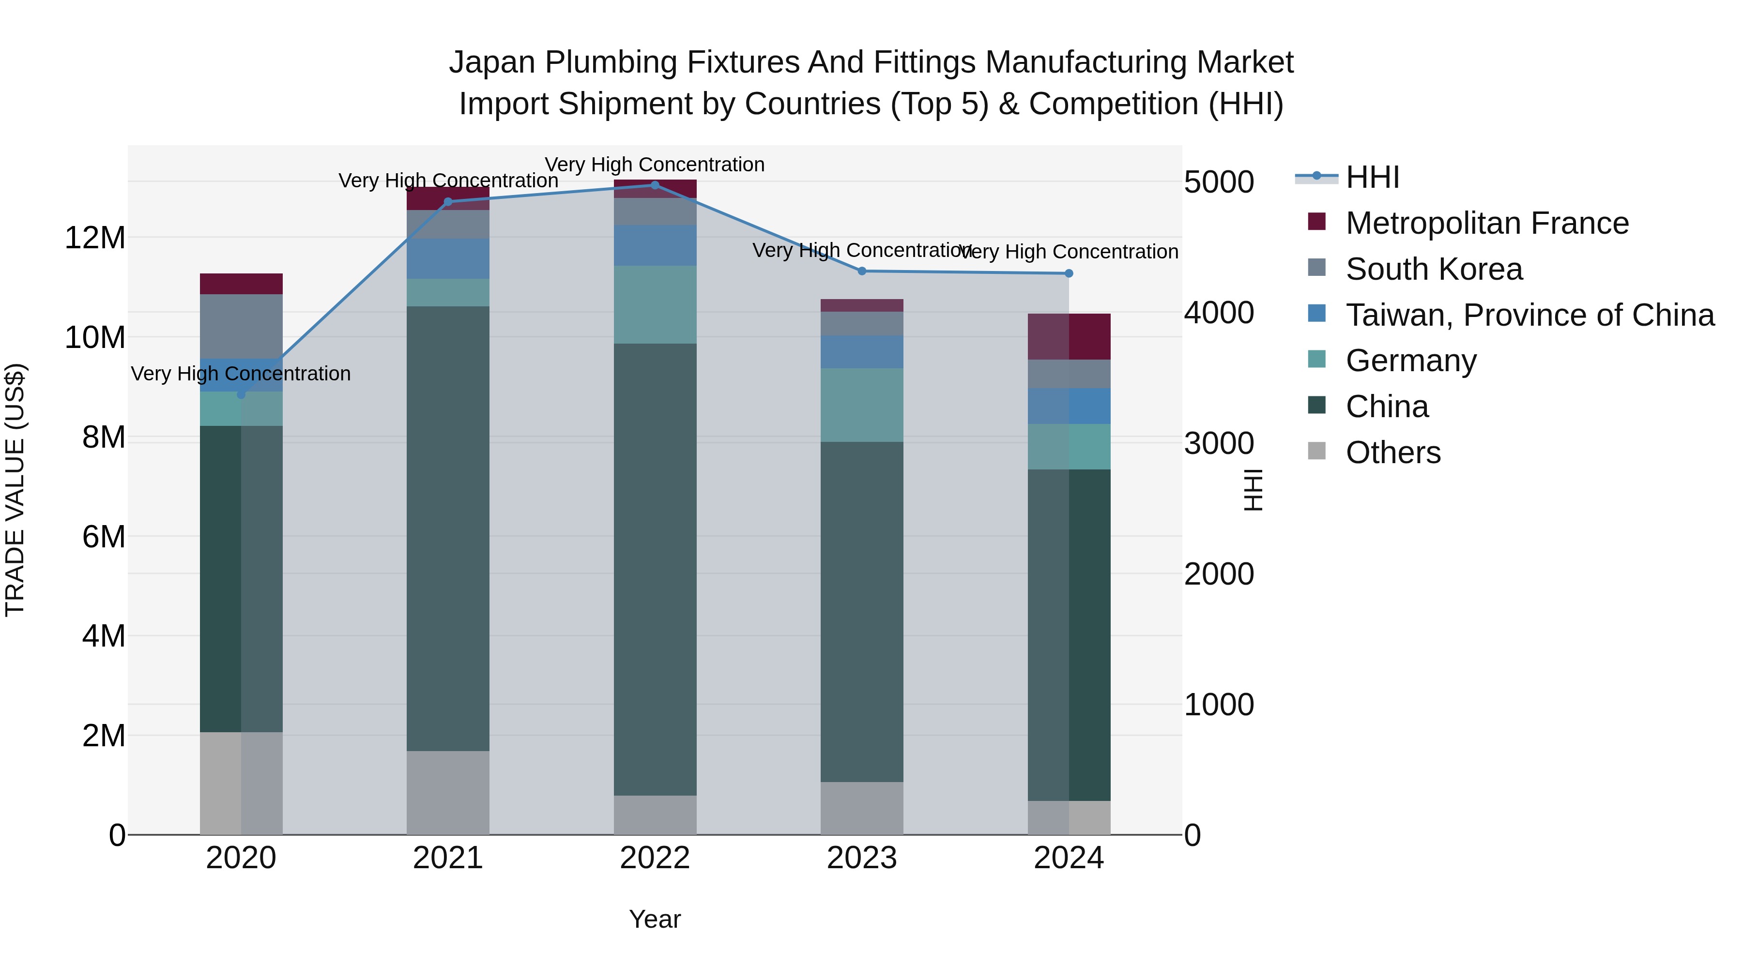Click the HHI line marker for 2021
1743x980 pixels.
447,201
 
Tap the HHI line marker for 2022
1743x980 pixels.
655,185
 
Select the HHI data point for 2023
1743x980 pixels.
862,271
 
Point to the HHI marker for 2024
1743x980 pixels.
1069,273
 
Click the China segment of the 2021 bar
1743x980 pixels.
448,528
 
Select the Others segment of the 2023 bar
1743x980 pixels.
862,808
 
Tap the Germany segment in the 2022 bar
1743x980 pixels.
655,304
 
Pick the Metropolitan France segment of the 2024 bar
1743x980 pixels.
1069,336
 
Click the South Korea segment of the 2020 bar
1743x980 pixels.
241,326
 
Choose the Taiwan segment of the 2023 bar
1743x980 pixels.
862,352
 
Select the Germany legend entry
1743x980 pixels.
1411,361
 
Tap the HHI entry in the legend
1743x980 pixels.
1372,177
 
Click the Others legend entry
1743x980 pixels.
1392,452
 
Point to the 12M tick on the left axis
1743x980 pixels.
95,238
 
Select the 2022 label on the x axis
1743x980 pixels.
655,858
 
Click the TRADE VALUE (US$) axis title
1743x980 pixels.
15,490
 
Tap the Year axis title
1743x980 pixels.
655,919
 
